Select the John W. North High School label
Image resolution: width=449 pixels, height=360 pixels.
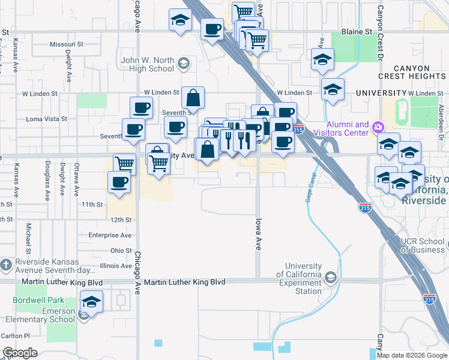click(x=148, y=64)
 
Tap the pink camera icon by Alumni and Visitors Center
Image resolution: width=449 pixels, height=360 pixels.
click(x=378, y=127)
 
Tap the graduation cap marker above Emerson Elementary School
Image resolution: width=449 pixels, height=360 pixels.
click(x=92, y=302)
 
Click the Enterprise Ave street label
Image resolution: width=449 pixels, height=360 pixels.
click(x=110, y=235)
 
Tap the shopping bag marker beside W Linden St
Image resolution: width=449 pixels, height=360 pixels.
click(x=193, y=98)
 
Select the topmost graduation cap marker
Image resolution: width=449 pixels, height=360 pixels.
click(x=180, y=20)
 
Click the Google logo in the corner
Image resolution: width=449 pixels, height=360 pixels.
click(x=20, y=353)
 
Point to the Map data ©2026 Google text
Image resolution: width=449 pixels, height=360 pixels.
click(x=412, y=355)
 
